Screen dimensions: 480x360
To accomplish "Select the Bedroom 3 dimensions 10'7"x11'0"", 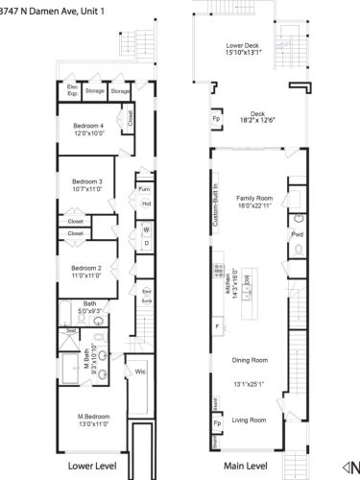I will point(93,189).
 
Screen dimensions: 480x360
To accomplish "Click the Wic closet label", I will point(140,371).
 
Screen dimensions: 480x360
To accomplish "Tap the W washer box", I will point(147,229).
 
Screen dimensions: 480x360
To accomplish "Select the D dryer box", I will point(147,242).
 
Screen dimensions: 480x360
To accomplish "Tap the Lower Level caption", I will point(94,465).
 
